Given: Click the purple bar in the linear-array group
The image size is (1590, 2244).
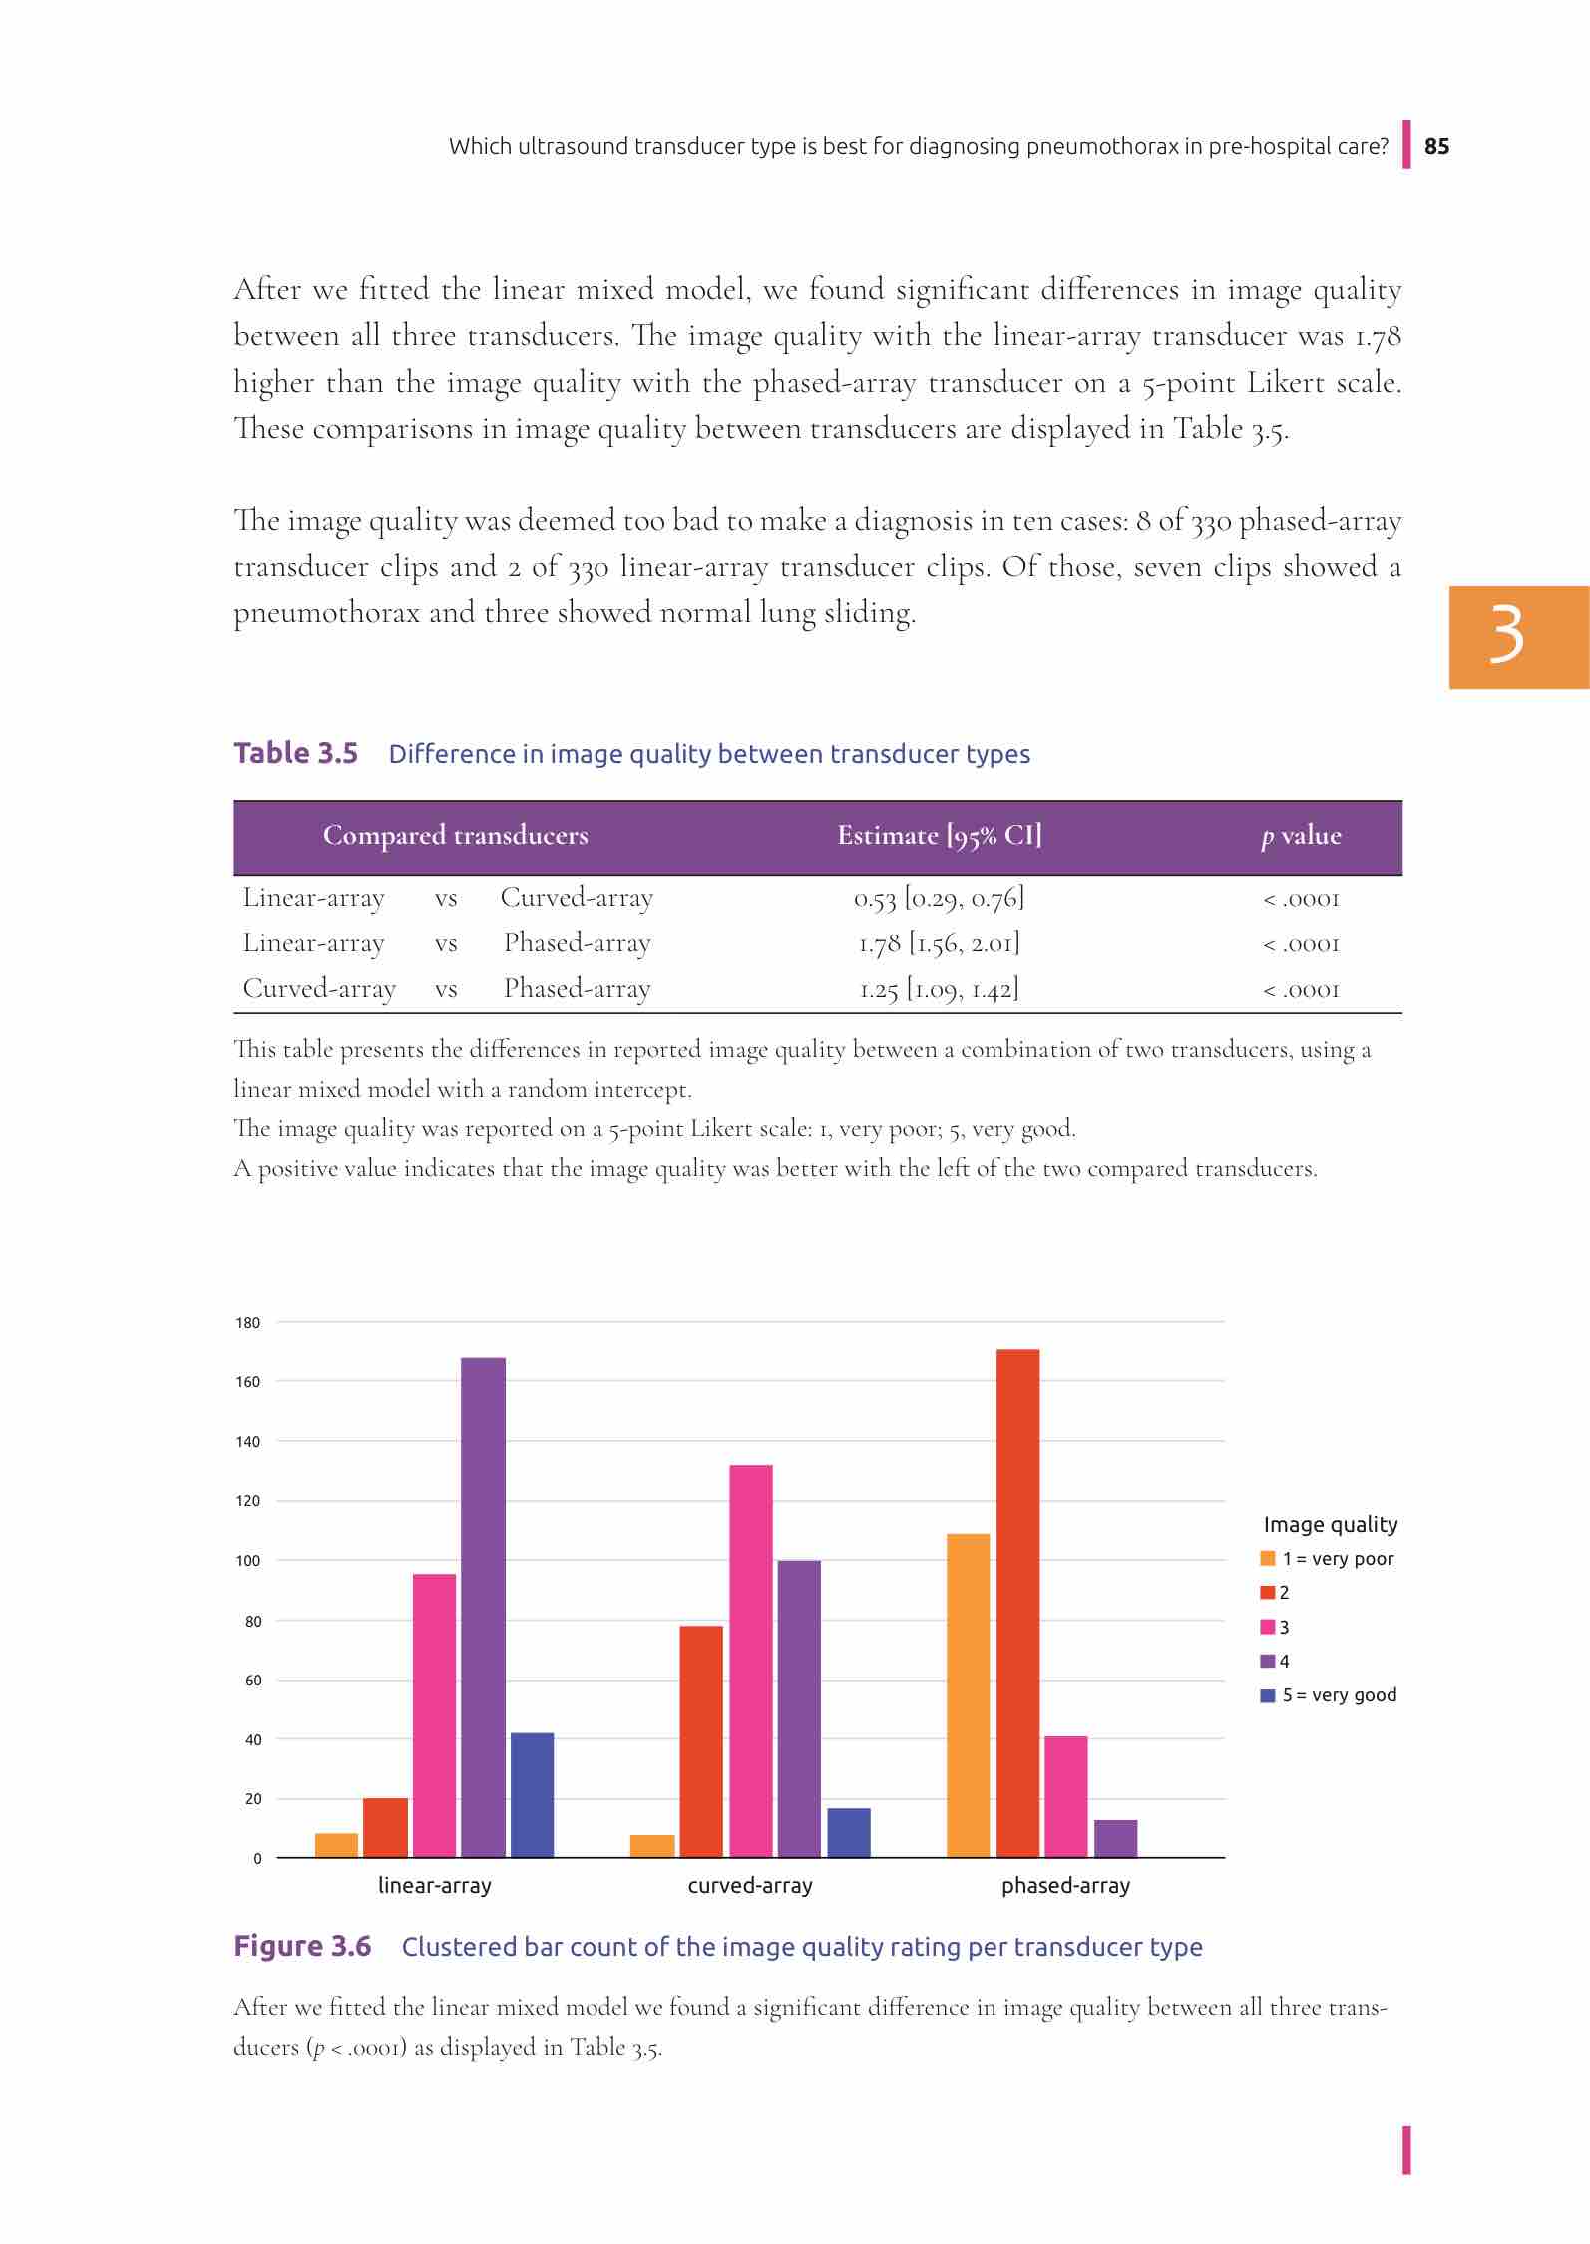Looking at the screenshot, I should tap(483, 1607).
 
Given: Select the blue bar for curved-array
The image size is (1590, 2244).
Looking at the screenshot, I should tap(849, 1832).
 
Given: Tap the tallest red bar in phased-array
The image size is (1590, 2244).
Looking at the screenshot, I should tap(1017, 1603).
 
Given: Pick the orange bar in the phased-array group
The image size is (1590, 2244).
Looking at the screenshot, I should tap(968, 1694).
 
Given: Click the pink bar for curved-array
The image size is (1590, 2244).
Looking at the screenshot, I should tap(751, 1661).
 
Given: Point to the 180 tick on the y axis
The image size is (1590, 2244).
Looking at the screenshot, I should tap(247, 1323).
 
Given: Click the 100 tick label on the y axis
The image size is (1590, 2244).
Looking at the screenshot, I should tap(247, 1561).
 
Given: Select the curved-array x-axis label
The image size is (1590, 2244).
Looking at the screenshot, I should tap(750, 1886).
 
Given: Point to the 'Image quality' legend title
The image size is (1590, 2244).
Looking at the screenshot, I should tap(1331, 1524).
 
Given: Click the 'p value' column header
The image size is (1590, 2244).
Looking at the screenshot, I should tap(1301, 836).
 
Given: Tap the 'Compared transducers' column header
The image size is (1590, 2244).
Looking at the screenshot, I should tap(455, 836).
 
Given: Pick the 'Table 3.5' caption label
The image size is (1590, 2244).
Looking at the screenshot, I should tap(295, 753).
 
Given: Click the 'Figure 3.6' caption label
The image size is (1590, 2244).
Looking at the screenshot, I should tap(302, 1946).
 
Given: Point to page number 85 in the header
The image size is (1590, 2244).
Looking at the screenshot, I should tap(1436, 146).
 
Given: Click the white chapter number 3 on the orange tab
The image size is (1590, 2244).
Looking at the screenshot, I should tap(1506, 636).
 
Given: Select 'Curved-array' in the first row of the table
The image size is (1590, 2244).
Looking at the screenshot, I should tap(577, 898).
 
